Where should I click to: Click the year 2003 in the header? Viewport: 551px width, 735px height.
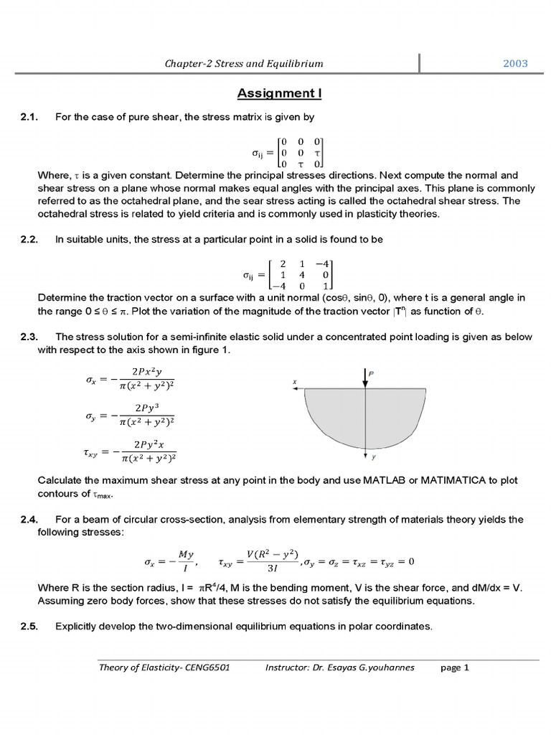514,63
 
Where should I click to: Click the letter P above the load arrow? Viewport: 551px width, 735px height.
371,374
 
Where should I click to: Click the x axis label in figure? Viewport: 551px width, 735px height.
295,382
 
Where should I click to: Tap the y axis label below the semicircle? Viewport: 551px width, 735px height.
374,457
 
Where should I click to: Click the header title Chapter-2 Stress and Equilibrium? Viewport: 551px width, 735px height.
244,63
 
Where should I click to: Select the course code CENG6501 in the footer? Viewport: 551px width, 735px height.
202,668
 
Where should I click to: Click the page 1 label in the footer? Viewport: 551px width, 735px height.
454,668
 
